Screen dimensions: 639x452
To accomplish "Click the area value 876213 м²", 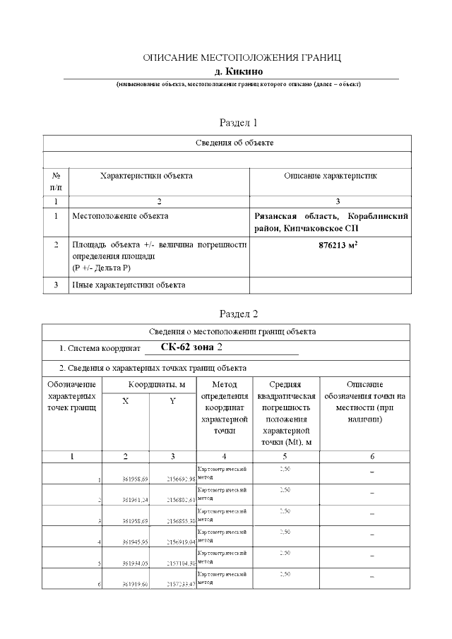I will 331,247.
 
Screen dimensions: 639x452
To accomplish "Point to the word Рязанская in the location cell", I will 278,215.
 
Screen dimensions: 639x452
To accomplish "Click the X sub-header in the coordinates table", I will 126,400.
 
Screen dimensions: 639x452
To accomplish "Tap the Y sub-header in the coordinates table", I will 172,400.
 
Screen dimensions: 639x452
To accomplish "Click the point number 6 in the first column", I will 100,585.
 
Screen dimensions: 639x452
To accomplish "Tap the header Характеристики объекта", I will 146,176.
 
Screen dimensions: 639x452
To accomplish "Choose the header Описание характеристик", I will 331,176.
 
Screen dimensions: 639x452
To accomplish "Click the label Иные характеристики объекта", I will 129,285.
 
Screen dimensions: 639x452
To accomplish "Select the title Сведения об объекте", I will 234,143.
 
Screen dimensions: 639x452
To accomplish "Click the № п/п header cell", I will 56,181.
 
